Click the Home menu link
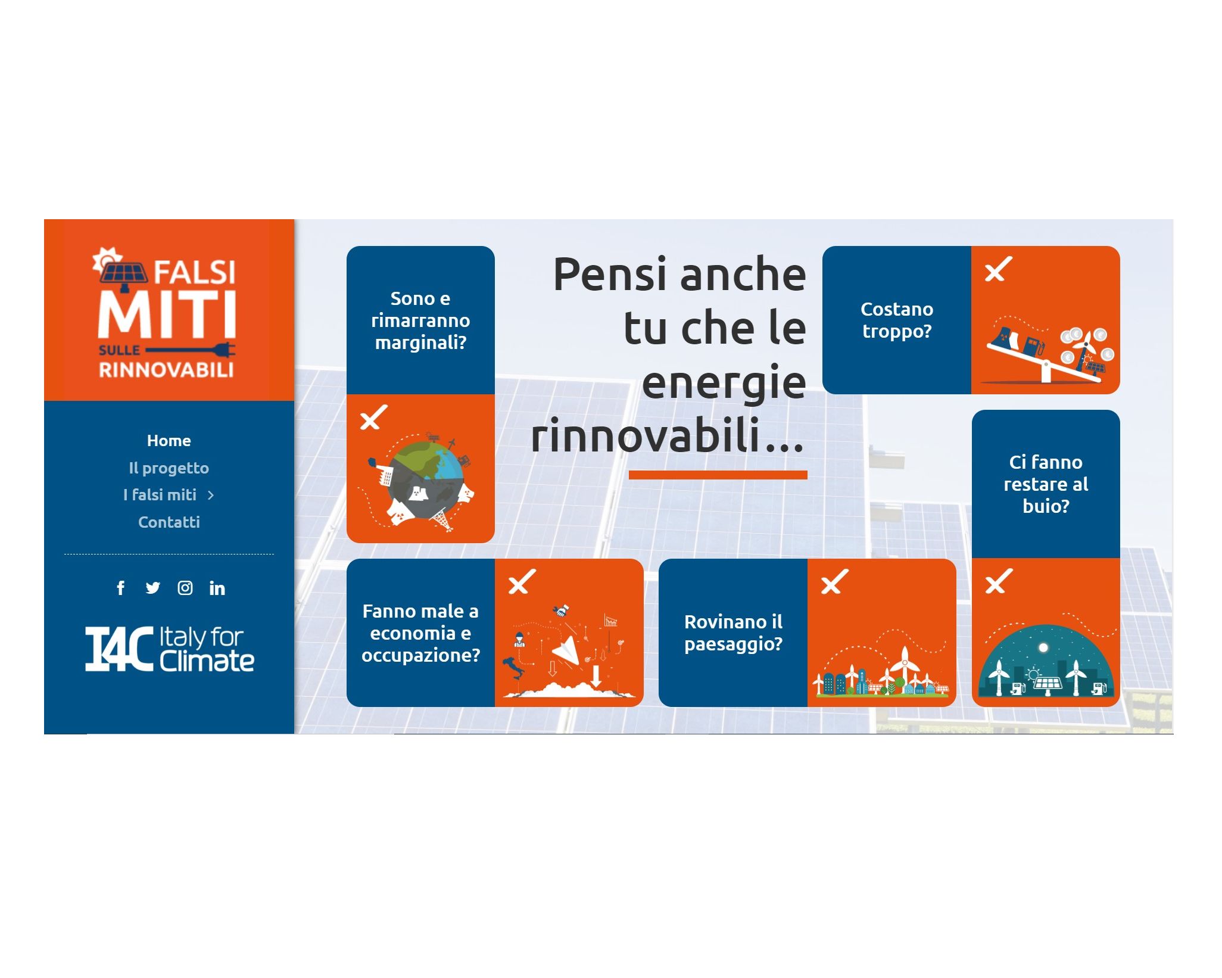pos(169,441)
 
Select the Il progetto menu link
pos(169,468)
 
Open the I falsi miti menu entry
pos(160,495)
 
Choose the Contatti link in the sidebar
pos(169,522)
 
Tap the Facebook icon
pos(121,588)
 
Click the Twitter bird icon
pos(153,588)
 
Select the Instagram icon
pos(185,588)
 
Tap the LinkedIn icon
pos(217,588)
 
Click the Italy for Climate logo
pos(170,649)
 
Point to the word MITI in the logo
pos(167,314)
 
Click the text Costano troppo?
pos(896,320)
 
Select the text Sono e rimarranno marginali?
pos(420,320)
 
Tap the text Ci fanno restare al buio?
pos(1046,484)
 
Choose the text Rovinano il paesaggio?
pos(733,633)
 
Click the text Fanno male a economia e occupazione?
pos(420,633)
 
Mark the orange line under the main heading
pos(718,475)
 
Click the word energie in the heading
pos(724,382)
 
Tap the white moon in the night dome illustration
pos(1043,647)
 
